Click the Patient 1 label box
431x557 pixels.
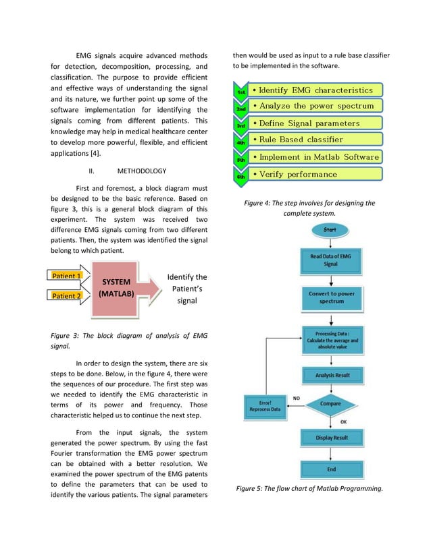pos(67,276)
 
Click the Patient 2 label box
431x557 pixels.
pos(67,295)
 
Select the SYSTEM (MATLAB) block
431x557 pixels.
pos(116,288)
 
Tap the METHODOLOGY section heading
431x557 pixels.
pos(141,171)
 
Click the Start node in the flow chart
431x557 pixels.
pos(330,230)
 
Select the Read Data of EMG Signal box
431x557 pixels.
pos(330,260)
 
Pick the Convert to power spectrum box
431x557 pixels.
pos(331,297)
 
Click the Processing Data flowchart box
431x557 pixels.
pos(331,340)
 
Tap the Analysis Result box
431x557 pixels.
pos(331,375)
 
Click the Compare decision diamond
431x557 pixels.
pos(330,404)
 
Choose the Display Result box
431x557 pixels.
pos(331,438)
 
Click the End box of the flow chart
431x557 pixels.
pos(331,469)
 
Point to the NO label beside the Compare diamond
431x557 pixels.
pos(296,397)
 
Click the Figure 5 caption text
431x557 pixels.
pos(309,489)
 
